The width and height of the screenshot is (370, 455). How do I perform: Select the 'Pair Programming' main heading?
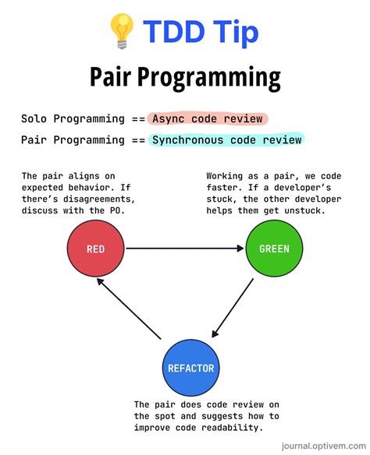[x=185, y=78]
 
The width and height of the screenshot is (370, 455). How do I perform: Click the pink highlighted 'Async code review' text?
[x=208, y=119]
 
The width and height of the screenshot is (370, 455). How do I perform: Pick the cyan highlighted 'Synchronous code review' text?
[x=226, y=140]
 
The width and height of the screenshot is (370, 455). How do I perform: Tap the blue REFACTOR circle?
[x=190, y=368]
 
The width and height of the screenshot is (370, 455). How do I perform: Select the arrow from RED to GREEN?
[x=184, y=249]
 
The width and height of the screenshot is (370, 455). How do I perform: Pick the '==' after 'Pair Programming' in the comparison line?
[x=137, y=140]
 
